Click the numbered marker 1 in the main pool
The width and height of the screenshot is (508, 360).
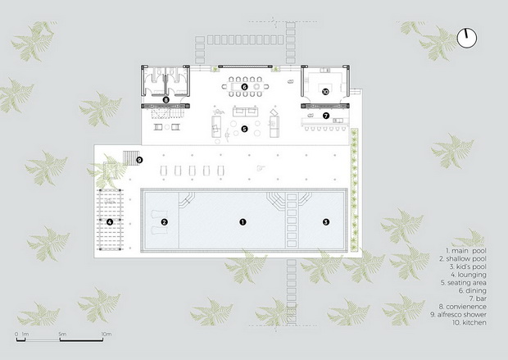(x=243, y=222)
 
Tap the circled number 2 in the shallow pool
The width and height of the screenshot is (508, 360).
(x=164, y=222)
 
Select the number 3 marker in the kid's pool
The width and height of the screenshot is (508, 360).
(x=326, y=222)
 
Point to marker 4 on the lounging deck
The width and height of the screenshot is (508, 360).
(x=110, y=222)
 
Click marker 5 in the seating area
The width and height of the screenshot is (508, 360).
(x=244, y=129)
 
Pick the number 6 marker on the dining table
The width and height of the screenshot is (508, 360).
(x=245, y=87)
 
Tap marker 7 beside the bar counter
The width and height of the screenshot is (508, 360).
(x=326, y=116)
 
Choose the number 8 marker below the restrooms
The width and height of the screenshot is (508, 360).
(x=166, y=100)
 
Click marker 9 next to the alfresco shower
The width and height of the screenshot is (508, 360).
(x=139, y=160)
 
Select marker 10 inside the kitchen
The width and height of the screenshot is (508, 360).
(x=325, y=92)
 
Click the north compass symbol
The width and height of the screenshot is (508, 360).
(x=467, y=38)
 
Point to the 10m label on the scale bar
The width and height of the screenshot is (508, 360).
(x=107, y=334)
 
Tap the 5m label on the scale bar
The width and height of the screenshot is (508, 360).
(x=62, y=334)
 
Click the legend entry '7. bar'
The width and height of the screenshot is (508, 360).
(x=478, y=298)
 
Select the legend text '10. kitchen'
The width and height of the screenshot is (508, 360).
(x=469, y=322)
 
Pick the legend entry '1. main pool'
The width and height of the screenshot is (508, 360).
(x=466, y=251)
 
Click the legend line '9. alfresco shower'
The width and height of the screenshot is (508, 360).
(x=459, y=314)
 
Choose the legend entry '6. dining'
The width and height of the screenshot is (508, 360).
(x=473, y=290)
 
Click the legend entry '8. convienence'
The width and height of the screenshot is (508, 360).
(x=463, y=307)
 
